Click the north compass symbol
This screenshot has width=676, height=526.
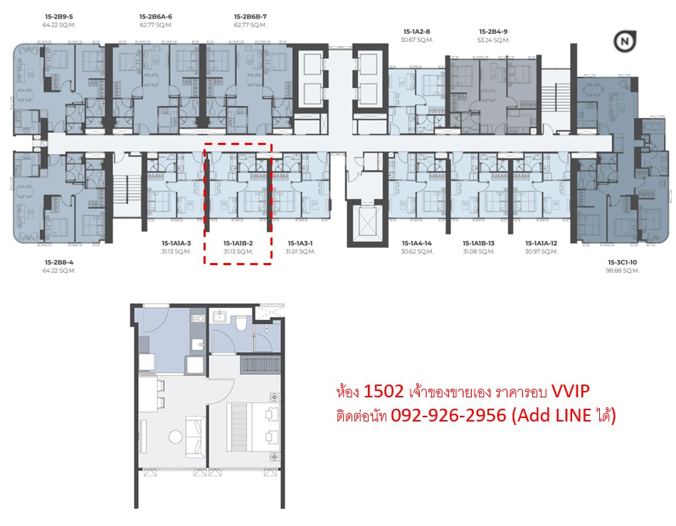click(x=624, y=42)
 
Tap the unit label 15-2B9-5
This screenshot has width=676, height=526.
click(x=58, y=17)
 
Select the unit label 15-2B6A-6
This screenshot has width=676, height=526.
click(x=156, y=17)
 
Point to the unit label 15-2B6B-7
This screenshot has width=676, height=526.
click(x=250, y=17)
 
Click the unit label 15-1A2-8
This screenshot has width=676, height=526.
click(x=416, y=31)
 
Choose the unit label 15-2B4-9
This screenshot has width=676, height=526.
click(x=493, y=31)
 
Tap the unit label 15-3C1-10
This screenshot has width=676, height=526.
click(x=622, y=262)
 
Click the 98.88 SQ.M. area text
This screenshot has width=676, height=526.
click(x=622, y=271)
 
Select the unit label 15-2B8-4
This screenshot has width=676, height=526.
click(x=59, y=262)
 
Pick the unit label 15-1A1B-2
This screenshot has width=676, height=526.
click(x=238, y=243)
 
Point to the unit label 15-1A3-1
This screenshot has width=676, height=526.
click(x=300, y=243)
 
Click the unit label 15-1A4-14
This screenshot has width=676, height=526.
click(x=416, y=243)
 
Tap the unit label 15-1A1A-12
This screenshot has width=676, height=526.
click(x=541, y=243)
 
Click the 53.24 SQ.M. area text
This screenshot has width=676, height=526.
click(x=493, y=40)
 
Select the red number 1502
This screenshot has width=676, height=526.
click(x=384, y=391)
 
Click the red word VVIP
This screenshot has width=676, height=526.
click(x=571, y=391)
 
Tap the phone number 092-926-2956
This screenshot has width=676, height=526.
click(x=448, y=415)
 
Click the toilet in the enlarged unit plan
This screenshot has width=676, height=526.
click(x=241, y=323)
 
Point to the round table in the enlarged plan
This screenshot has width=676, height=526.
click(x=176, y=437)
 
